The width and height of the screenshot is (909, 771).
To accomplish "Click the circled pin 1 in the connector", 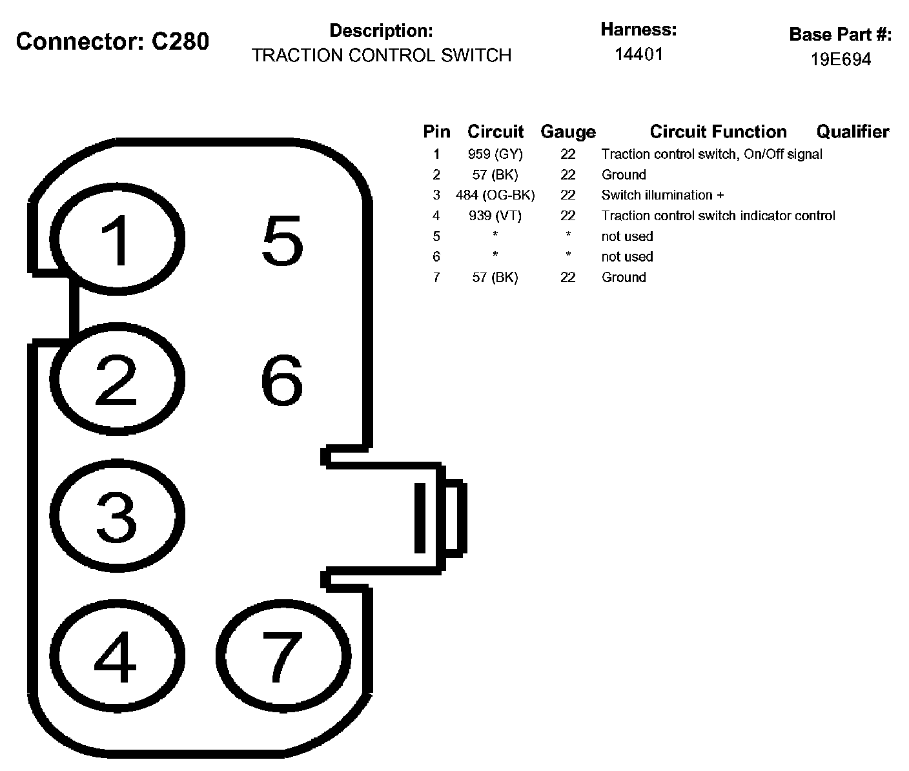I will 117,240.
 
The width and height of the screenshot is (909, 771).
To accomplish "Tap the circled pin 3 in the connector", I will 117,516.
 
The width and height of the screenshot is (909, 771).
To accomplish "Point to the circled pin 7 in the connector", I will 283,657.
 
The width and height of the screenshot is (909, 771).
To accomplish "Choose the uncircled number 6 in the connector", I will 282,381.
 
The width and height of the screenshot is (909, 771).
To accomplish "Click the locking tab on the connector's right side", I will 439,517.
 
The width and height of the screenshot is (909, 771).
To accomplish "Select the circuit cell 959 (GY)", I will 495,154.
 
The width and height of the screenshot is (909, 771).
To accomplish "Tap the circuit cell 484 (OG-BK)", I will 495,195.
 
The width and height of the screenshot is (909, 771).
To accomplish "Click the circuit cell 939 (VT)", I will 495,216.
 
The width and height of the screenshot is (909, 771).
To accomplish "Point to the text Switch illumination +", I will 662,195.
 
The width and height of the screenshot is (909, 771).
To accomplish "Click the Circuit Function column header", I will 718,132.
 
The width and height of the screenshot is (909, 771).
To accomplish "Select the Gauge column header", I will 568,132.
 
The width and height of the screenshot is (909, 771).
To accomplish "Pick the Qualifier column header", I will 852,132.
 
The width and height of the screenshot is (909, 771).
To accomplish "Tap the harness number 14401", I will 638,54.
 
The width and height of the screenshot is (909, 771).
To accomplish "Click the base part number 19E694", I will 841,59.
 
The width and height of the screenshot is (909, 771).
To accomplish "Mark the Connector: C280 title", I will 112,41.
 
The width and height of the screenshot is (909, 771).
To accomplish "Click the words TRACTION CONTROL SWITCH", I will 382,56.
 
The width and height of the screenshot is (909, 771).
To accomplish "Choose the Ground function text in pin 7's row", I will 624,278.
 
